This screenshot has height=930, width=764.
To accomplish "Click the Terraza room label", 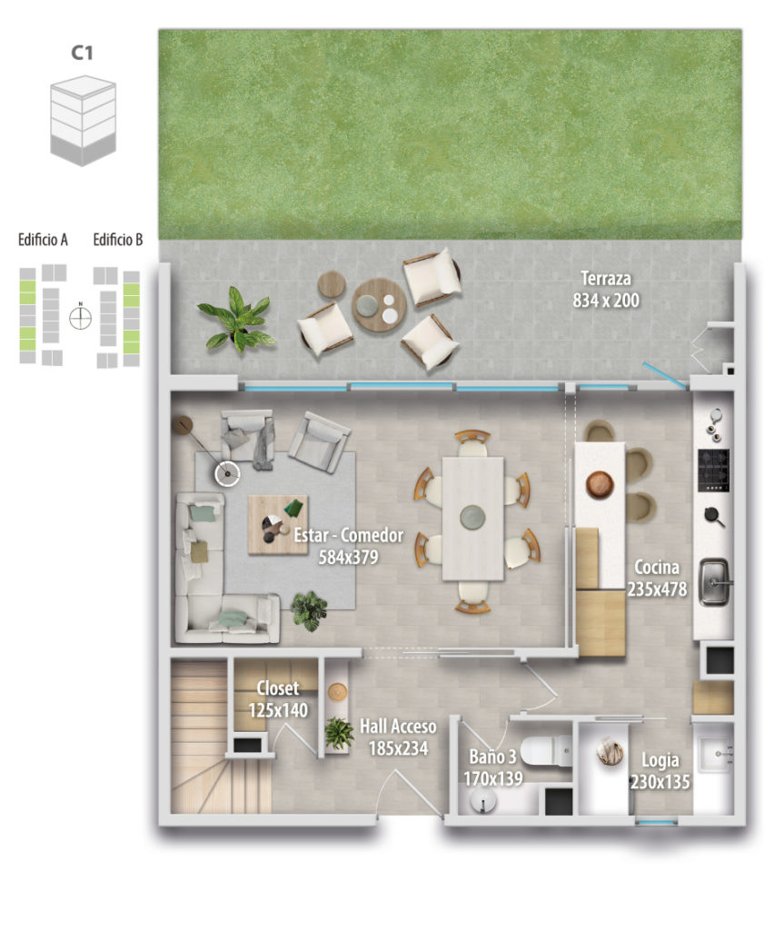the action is coord(606,290).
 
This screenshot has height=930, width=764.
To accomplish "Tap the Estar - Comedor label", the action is coord(348,546).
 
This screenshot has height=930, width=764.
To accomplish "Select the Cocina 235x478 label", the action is coord(657,578).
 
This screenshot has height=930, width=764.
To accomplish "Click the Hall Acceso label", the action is coord(398,737).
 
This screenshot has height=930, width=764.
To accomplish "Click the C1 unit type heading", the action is coord(82,52).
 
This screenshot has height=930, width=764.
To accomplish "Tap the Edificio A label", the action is coord(43,240).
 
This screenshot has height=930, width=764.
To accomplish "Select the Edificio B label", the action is coord(117,240).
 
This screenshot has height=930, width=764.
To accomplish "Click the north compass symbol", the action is coord(80,317).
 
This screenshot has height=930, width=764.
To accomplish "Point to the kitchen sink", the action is coord(713,581).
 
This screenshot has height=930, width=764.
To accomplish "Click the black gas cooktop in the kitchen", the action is coord(713,470).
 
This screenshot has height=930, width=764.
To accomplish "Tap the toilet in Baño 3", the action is coord(545,751).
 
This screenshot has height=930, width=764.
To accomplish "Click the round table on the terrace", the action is coord(379,306).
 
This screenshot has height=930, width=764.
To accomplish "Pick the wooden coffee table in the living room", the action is coord(278,525).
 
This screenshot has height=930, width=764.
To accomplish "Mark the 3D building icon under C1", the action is coord(83,121).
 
